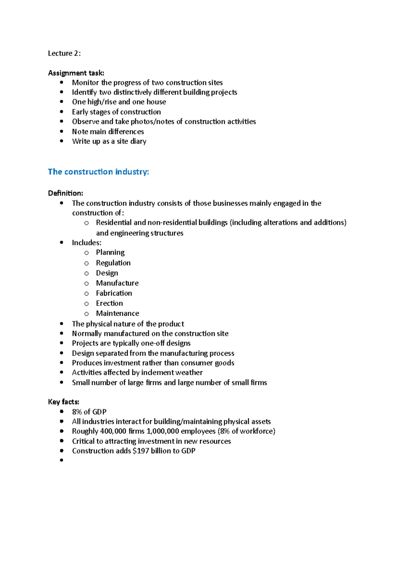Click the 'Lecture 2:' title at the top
pos(64,53)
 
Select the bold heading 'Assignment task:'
pos(76,73)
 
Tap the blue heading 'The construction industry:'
pos(98,172)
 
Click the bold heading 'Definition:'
pos(66,193)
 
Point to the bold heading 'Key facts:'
pos(64,402)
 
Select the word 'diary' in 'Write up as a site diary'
pos(138,141)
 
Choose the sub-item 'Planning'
pos(110,253)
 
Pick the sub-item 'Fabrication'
pos(114,293)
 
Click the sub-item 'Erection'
pos(109,303)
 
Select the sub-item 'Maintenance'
pos(117,313)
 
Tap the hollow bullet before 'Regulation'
pos(86,263)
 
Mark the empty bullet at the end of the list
pos(62,460)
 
